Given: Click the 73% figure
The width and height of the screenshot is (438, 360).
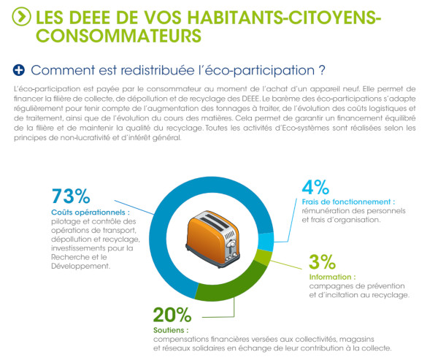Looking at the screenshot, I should [71, 196].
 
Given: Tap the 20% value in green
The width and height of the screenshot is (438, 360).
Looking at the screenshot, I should [172, 315].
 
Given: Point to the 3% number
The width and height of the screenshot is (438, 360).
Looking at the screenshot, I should [323, 262].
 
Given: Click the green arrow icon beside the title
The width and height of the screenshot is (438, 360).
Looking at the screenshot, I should [23, 15].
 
